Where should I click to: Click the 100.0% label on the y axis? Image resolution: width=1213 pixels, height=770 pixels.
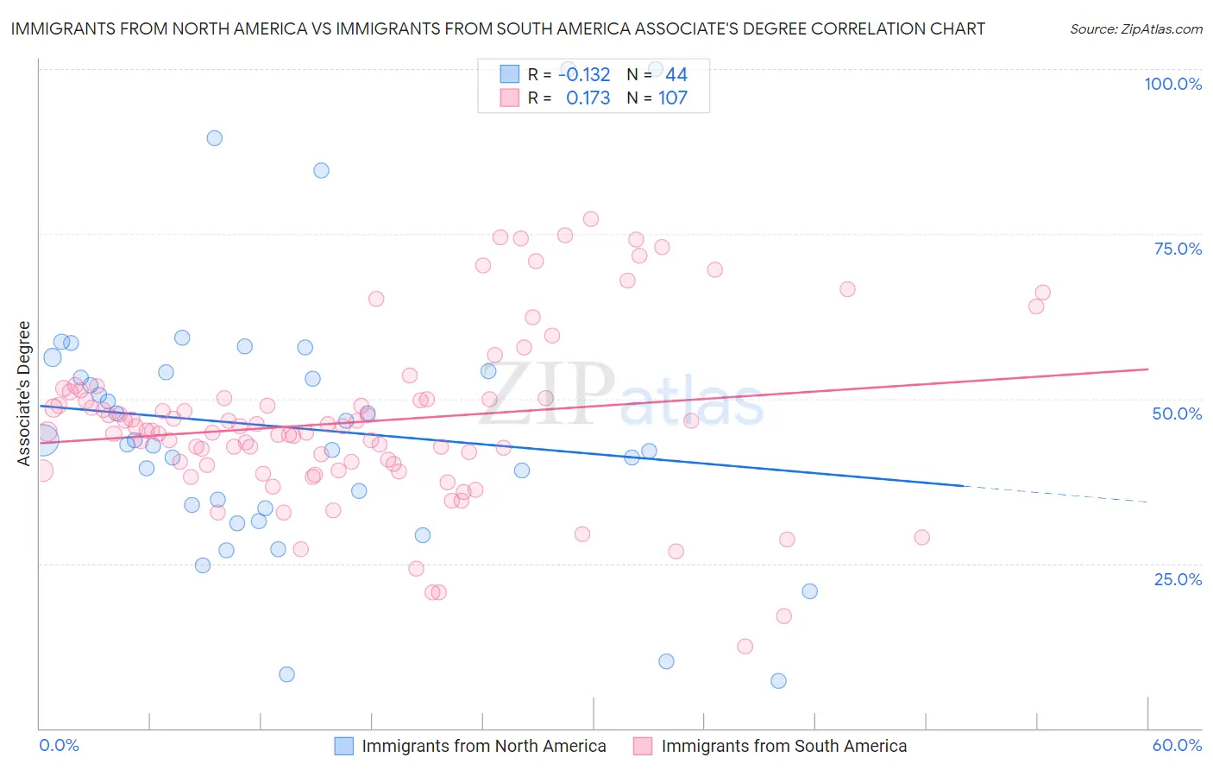[1172, 84]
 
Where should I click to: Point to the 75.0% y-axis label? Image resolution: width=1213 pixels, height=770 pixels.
[1178, 249]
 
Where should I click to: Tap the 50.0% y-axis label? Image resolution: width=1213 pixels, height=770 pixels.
[1177, 413]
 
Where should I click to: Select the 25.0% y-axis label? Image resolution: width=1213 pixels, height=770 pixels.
[1178, 579]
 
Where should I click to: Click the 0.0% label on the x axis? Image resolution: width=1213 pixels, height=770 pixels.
[59, 745]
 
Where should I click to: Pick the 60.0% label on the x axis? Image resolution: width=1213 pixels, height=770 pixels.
[1177, 745]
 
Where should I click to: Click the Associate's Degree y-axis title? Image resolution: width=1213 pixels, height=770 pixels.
[23, 394]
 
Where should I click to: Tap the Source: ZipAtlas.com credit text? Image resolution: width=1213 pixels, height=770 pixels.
[1135, 29]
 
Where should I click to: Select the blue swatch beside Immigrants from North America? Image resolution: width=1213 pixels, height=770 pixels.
[343, 746]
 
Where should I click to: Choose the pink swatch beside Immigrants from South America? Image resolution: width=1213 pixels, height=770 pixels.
[643, 746]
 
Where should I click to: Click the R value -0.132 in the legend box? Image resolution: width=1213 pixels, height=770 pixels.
[584, 75]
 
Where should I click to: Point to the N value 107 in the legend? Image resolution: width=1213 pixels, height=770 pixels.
[673, 98]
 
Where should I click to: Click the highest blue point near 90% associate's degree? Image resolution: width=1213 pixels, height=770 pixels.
[215, 138]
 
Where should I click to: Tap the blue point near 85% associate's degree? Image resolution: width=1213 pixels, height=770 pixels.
[321, 170]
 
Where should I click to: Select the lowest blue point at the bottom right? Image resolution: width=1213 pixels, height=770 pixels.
[778, 681]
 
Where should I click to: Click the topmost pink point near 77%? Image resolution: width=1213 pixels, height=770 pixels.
[591, 219]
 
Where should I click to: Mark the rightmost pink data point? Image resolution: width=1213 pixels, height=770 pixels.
[1042, 293]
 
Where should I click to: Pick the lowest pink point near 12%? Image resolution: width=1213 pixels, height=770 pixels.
[745, 647]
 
